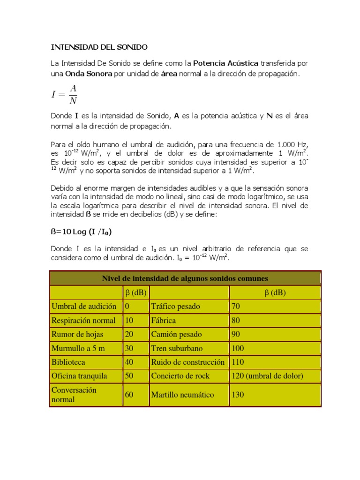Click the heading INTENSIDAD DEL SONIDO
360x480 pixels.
tap(99, 47)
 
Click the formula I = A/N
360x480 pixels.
tap(64, 94)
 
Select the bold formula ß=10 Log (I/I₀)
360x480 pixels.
tap(81, 231)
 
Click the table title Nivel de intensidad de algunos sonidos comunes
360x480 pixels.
tap(185, 278)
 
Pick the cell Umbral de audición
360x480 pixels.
tap(84, 307)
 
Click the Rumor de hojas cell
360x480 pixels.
tap(77, 334)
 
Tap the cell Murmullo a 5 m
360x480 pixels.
tap(78, 348)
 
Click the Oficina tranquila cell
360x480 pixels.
tap(79, 376)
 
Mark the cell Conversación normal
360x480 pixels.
tap(74, 395)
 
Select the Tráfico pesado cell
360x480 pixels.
tap(175, 307)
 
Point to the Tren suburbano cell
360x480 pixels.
tap(177, 348)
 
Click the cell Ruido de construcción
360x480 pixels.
tap(187, 362)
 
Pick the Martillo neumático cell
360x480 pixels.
tap(182, 395)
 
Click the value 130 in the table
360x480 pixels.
tap(238, 395)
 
